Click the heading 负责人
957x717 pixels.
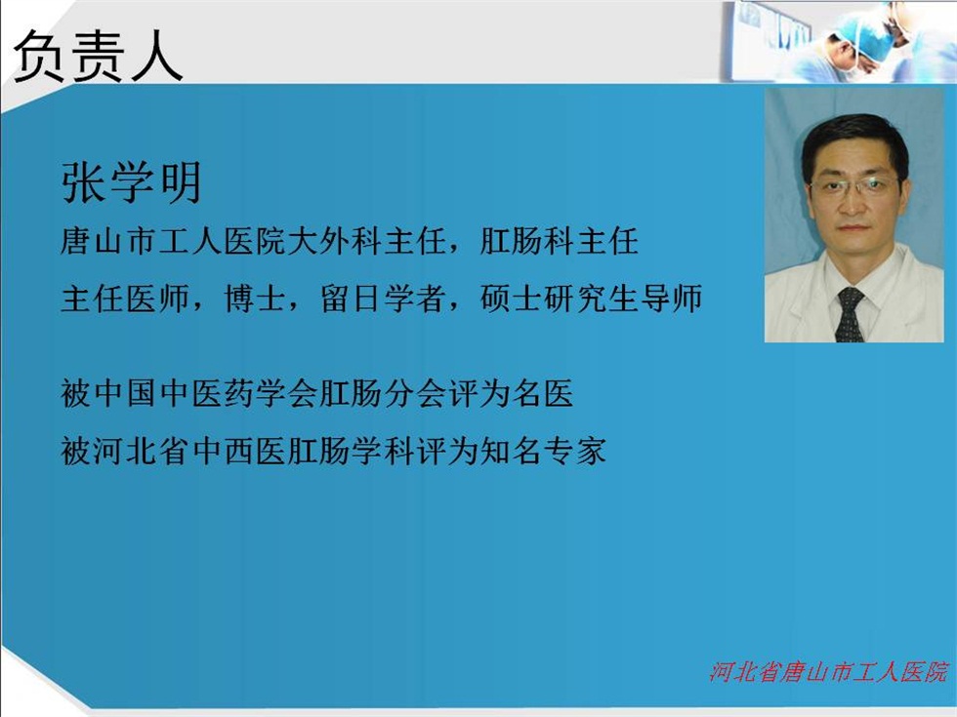[x=99, y=57]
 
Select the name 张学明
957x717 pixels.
[x=132, y=183]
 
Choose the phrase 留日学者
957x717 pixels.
[x=383, y=299]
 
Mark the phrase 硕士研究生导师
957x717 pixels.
[x=591, y=299]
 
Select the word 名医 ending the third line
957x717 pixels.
[x=542, y=393]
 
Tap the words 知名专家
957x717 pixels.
[x=542, y=452]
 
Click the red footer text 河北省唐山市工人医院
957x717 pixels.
[x=829, y=671]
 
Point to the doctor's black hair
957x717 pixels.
[x=854, y=138]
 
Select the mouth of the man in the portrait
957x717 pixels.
[x=853, y=228]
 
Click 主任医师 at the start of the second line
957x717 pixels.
[x=125, y=299]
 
